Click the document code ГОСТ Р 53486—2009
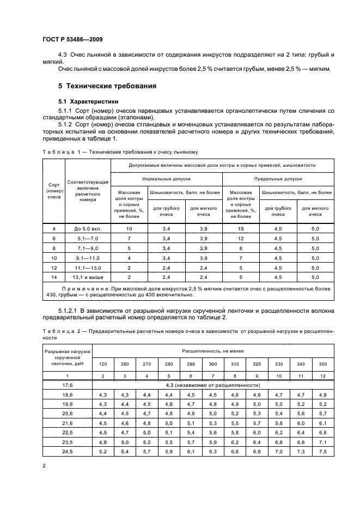point(72,40)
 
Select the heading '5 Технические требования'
point(107,86)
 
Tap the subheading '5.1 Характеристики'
point(88,101)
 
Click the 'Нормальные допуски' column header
point(166,179)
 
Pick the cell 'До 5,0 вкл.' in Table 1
point(87,229)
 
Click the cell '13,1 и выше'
point(87,276)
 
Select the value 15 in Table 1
point(240,229)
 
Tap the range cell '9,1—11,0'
point(87,257)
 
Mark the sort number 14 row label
point(53,276)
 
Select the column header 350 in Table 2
point(322,363)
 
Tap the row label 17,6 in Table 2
point(67,385)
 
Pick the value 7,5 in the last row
point(322,452)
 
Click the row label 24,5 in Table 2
point(67,452)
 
